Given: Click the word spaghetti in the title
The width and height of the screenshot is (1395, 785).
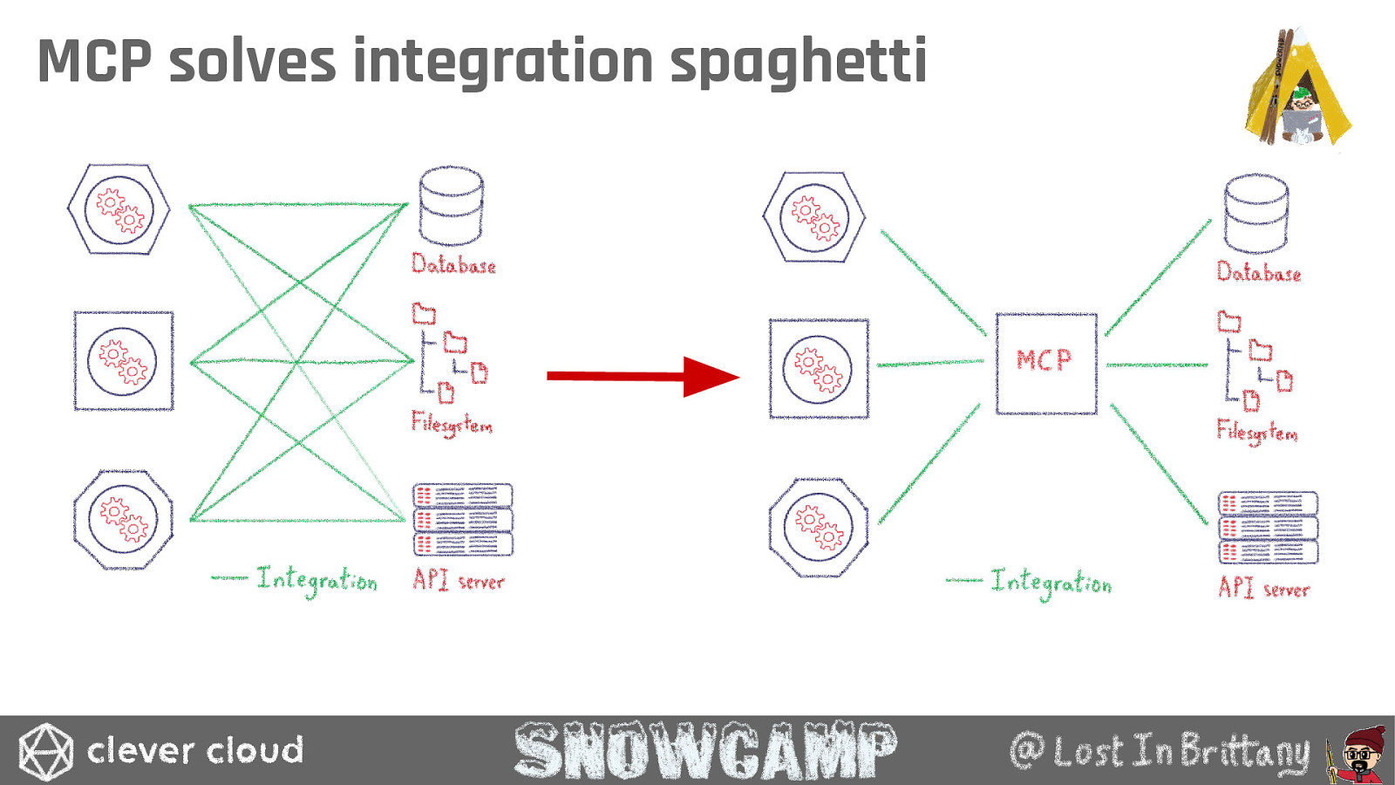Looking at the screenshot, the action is click(799, 62).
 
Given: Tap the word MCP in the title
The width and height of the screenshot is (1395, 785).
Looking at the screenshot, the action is click(95, 60).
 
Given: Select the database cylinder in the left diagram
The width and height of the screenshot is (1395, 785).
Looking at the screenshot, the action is click(451, 206).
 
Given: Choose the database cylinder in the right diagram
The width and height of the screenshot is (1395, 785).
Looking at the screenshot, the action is click(1256, 214).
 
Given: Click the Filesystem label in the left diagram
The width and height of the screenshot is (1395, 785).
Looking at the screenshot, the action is click(452, 424).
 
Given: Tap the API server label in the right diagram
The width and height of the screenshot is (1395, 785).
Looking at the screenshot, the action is click(1263, 588).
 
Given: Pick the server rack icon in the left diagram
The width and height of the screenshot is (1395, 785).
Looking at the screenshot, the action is click(463, 520).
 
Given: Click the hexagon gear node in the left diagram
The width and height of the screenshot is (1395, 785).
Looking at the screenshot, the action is click(119, 209).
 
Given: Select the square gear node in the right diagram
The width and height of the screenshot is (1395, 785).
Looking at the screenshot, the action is click(819, 368).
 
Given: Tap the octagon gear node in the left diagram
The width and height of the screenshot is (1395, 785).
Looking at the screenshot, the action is click(123, 520).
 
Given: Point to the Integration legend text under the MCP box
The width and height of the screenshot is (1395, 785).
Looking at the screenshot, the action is click(1029, 583).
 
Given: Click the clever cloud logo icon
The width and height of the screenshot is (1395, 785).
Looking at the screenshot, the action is click(45, 751).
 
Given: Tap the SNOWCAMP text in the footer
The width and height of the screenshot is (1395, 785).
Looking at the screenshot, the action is click(705, 751).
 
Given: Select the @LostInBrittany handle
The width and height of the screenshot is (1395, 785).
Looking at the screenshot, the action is click(1160, 751).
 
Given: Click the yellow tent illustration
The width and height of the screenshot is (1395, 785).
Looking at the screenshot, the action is click(1298, 86).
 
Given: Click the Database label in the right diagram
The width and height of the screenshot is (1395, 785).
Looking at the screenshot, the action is click(1259, 272).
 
